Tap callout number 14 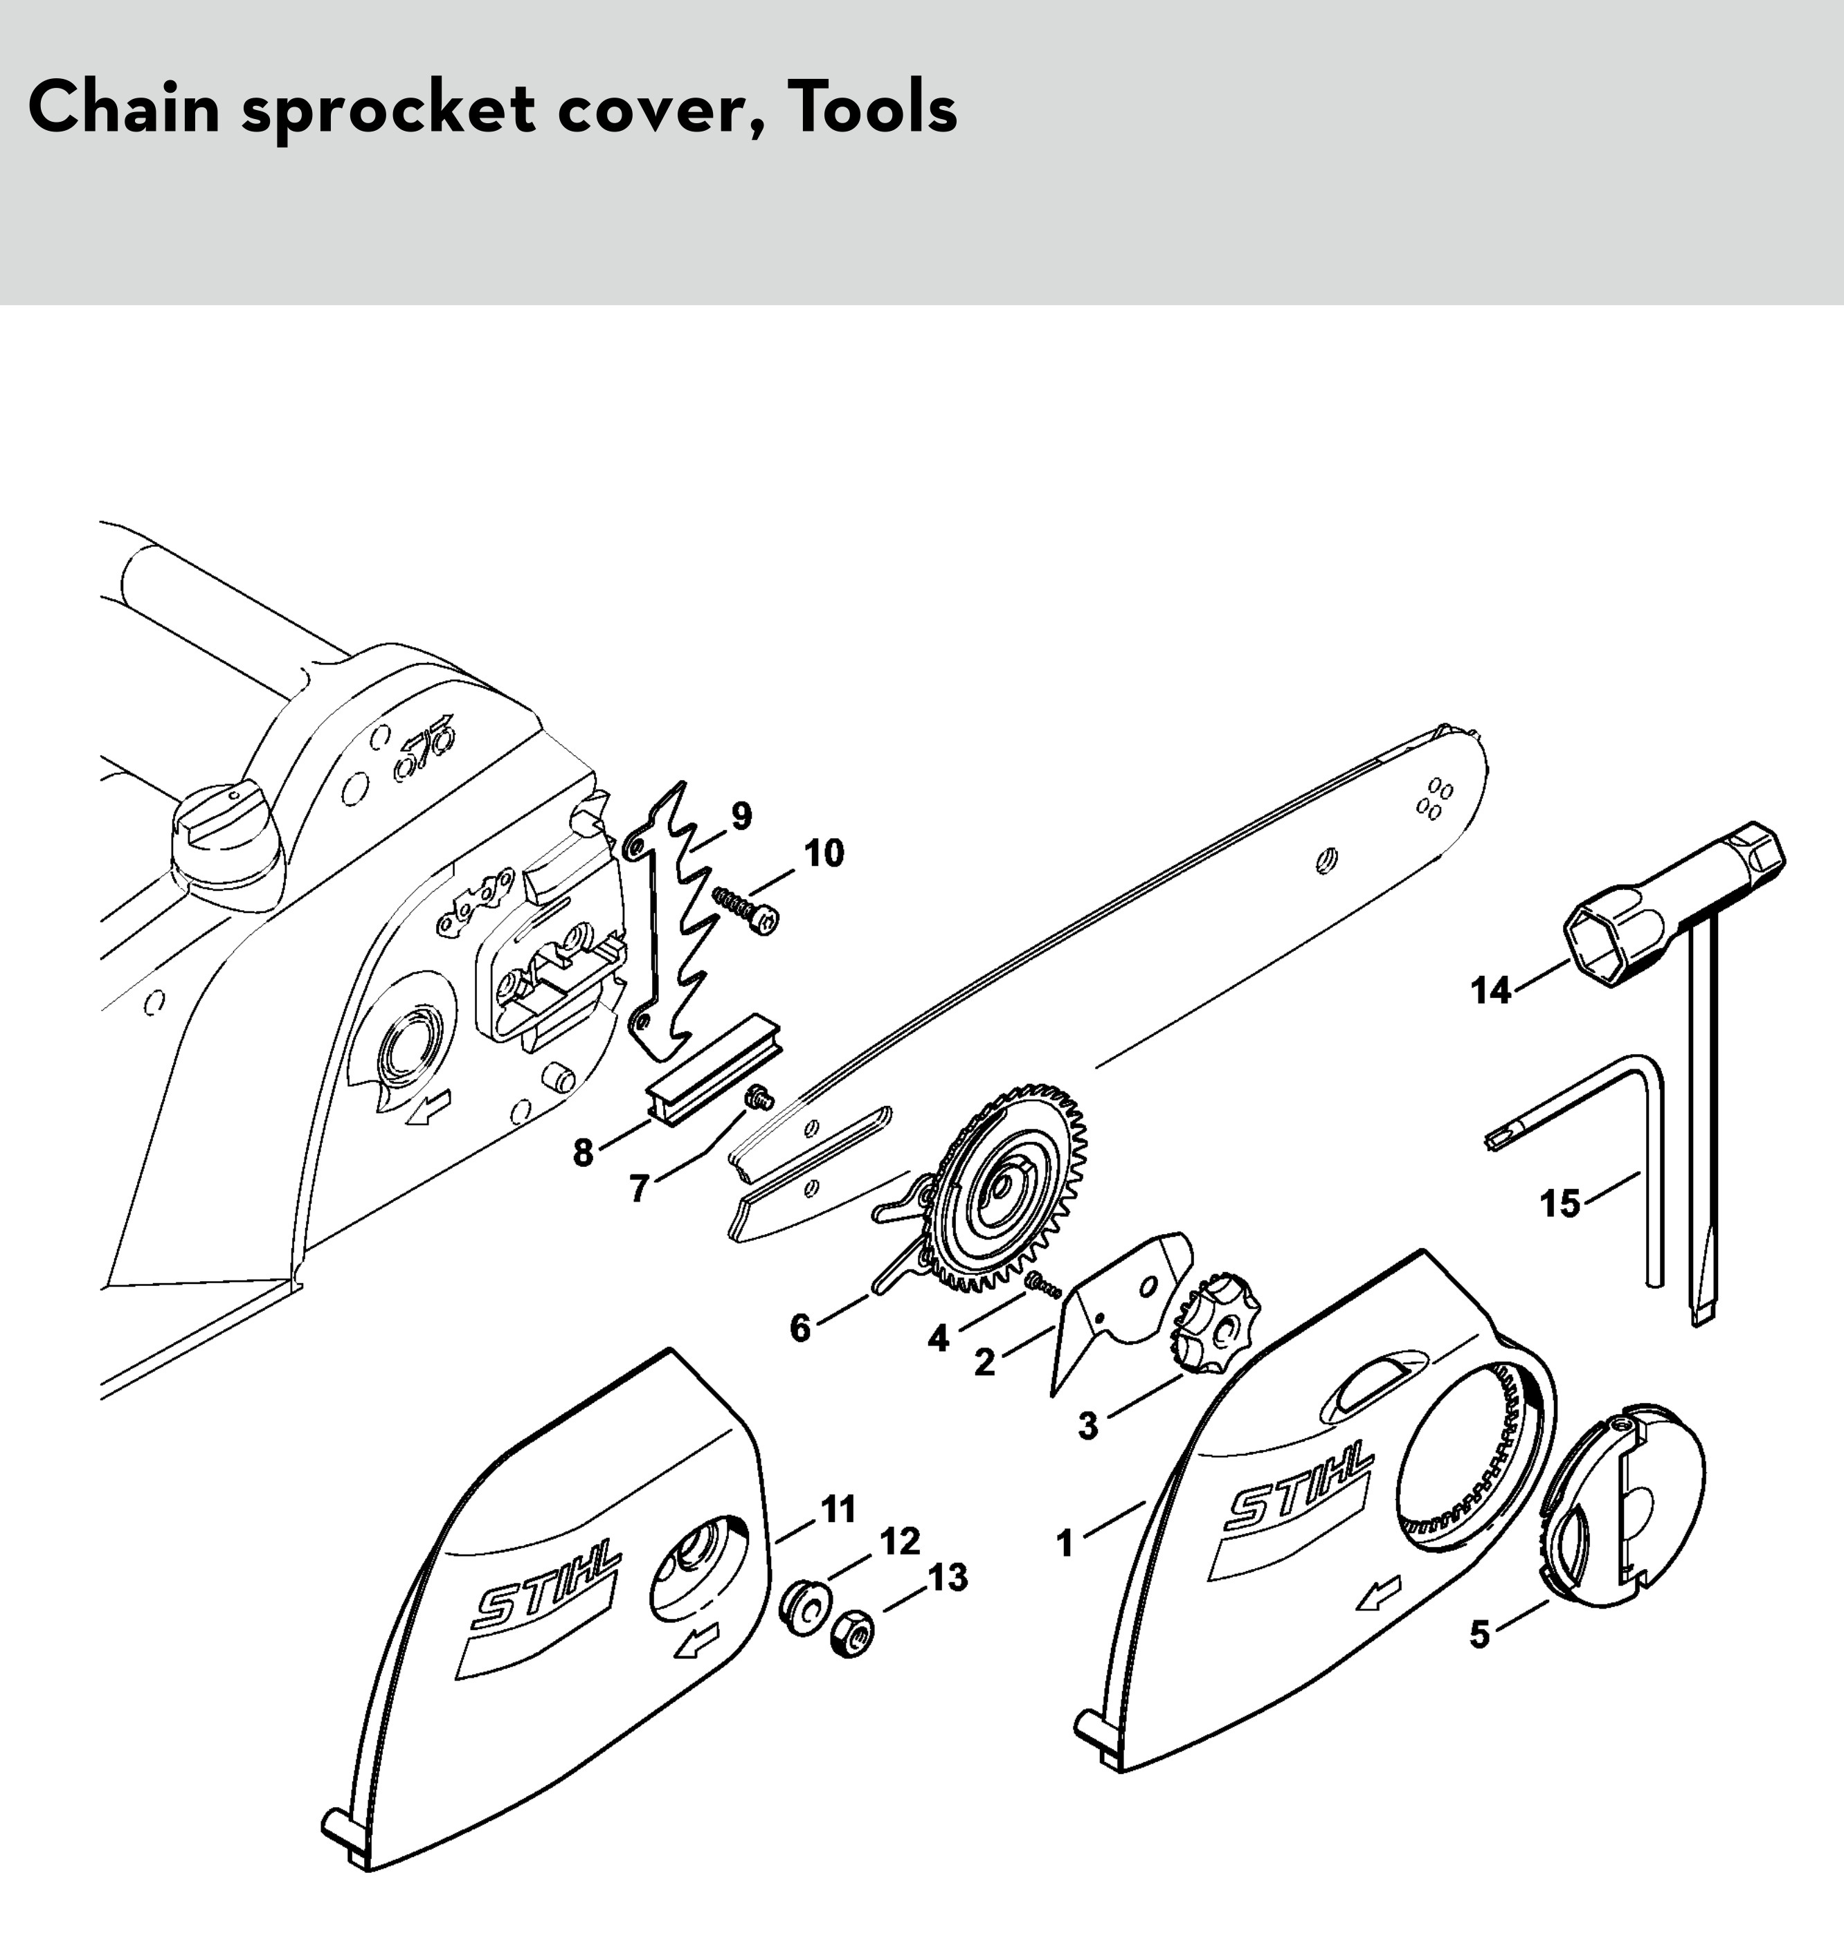[1490, 990]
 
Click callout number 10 [824, 853]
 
